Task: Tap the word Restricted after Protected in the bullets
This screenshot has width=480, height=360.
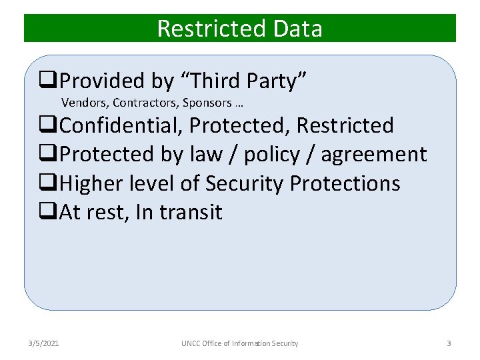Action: pos(345,125)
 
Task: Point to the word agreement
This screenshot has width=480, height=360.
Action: pos(373,155)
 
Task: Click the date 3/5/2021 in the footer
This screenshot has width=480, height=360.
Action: pos(43,343)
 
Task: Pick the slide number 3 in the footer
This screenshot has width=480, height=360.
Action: pos(449,343)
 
